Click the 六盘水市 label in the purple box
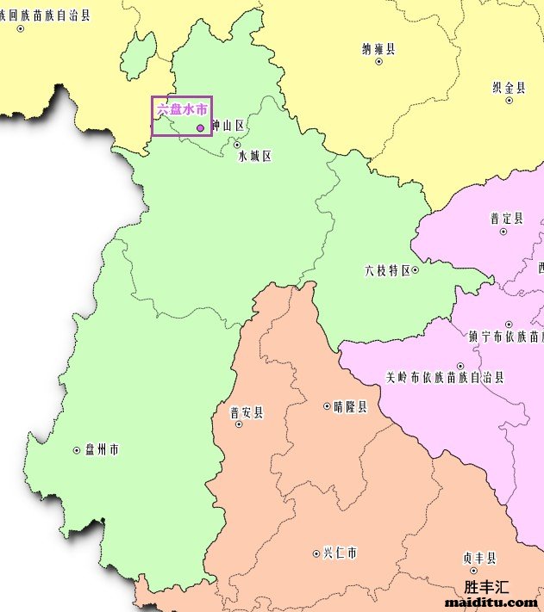click(181, 110)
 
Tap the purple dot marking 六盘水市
click(201, 127)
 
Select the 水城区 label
click(254, 156)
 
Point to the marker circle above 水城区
click(237, 145)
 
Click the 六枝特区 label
click(387, 270)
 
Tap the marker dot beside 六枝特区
click(416, 270)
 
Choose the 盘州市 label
click(102, 449)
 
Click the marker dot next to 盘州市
click(77, 450)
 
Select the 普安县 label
click(247, 412)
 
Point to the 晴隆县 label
click(350, 406)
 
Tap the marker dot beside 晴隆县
click(327, 406)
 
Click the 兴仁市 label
click(340, 553)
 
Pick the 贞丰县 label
click(479, 558)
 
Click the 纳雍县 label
click(378, 49)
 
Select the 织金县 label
click(509, 87)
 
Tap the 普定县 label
click(506, 218)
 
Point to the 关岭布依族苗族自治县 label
click(444, 377)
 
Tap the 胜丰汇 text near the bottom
click(487, 587)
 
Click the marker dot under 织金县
click(510, 101)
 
